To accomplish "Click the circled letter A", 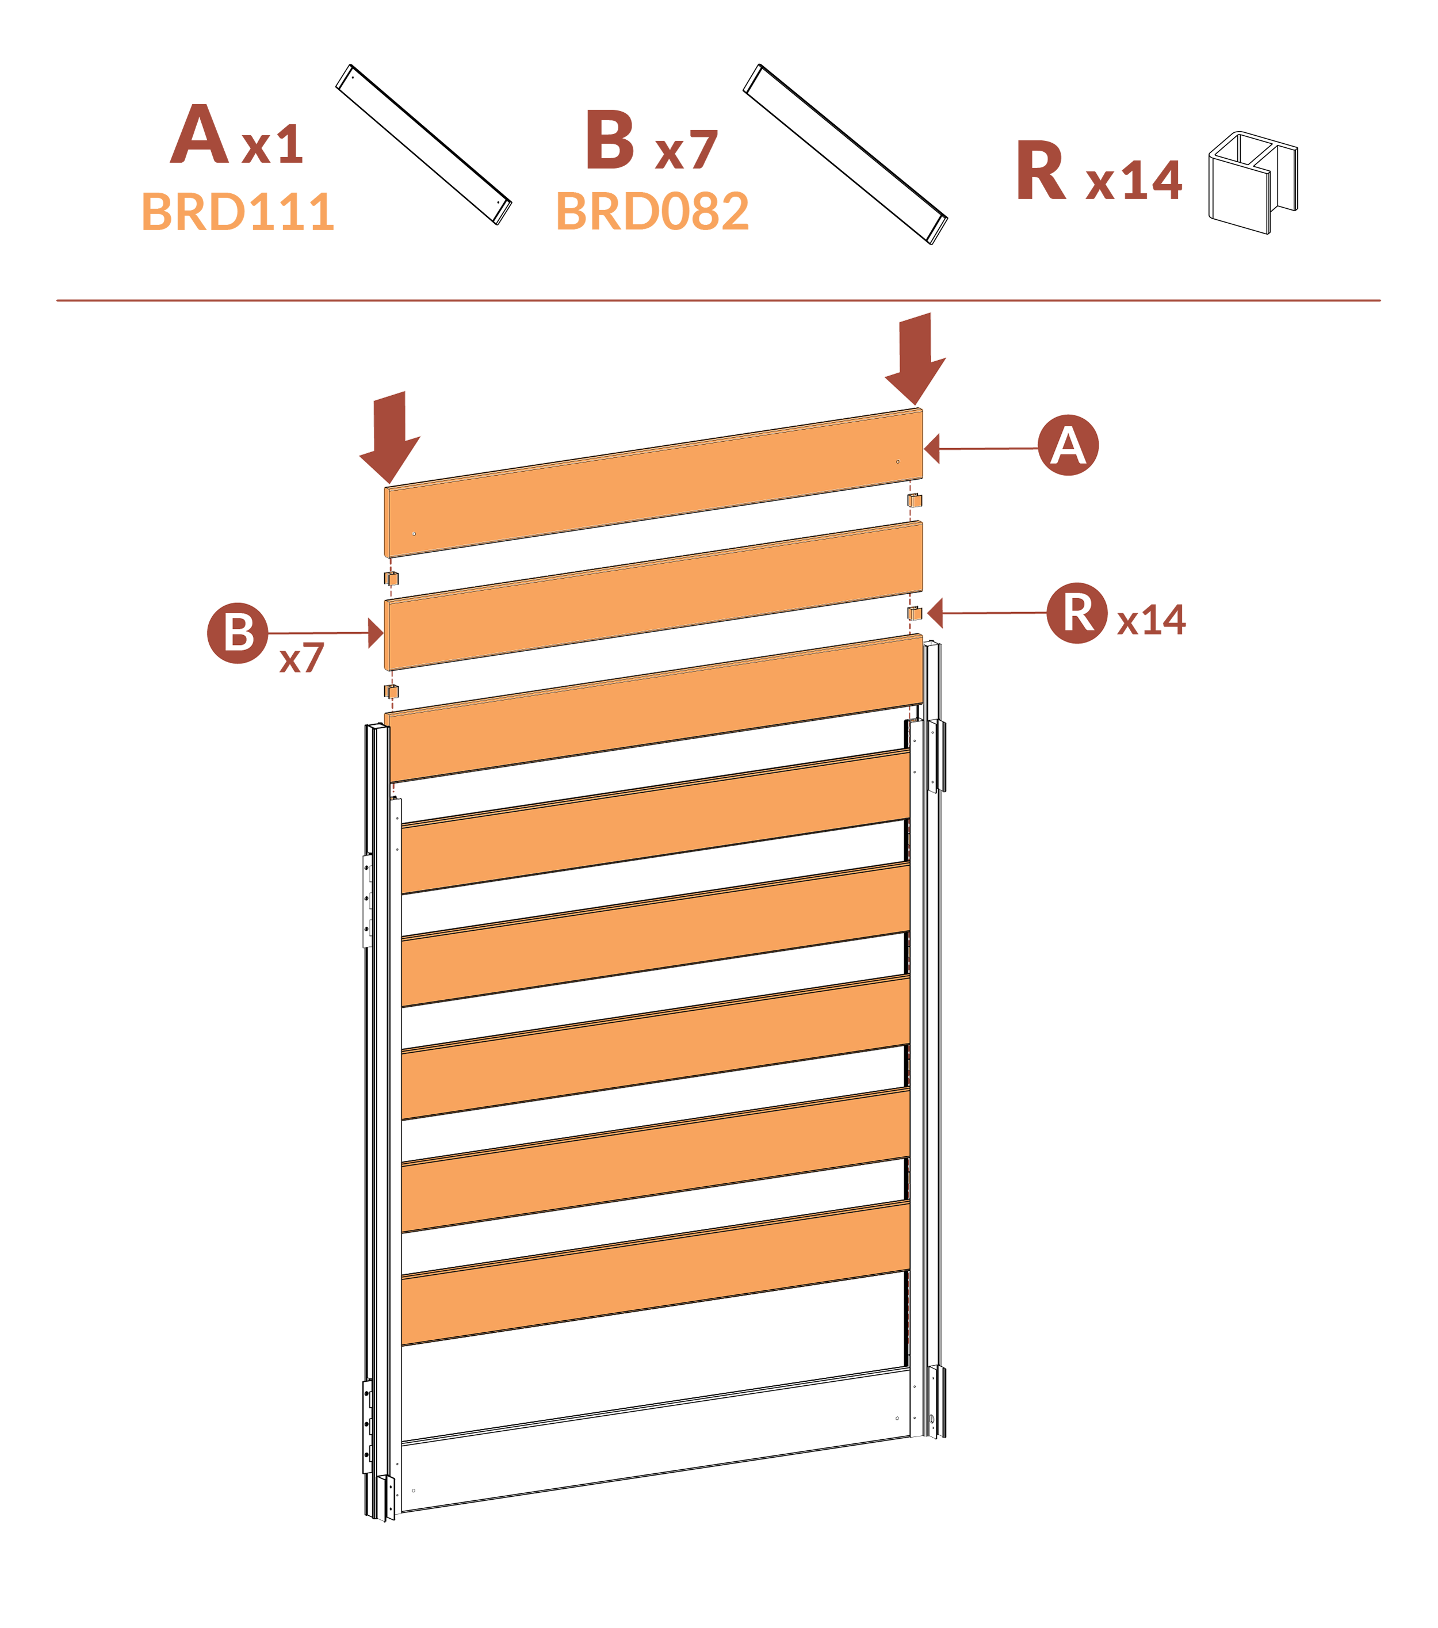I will [1068, 445].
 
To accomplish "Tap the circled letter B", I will [238, 633].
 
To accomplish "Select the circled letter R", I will [1077, 613].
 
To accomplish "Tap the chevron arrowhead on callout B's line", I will [369, 633].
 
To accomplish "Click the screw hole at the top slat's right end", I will [897, 462].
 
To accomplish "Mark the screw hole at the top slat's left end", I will [414, 534].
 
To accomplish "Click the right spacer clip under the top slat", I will [914, 501].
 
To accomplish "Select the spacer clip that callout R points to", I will [914, 615].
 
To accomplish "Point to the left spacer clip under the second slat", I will [392, 690].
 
